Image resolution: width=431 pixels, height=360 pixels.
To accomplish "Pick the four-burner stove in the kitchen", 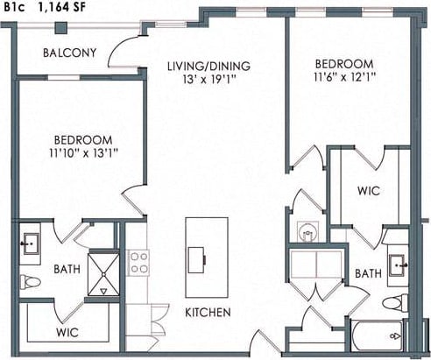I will tap(138, 262).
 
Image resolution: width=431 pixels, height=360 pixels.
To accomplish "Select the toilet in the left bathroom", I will tap(29, 282).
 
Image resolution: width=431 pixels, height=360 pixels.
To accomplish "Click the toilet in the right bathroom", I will tap(394, 303).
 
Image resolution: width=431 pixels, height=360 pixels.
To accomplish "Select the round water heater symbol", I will tap(307, 232).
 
